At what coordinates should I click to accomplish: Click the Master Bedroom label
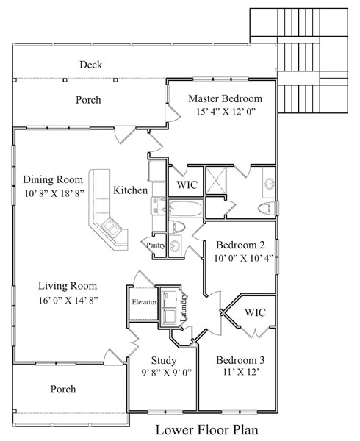click(225, 98)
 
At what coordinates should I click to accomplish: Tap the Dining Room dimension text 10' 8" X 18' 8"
click(54, 193)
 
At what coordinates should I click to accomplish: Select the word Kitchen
click(130, 190)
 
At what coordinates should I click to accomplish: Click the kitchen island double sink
click(111, 228)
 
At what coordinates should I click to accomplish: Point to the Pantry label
click(156, 245)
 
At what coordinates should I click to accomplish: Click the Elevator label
click(144, 302)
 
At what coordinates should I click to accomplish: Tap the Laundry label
click(183, 308)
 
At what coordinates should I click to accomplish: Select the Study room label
click(164, 360)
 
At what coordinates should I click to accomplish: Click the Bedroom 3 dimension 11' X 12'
click(241, 372)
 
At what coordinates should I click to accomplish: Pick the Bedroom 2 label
click(240, 245)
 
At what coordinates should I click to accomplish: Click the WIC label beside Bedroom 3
click(255, 312)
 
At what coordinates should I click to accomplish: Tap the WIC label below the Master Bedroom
click(187, 184)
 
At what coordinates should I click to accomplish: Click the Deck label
click(91, 65)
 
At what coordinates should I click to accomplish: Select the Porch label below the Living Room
click(63, 390)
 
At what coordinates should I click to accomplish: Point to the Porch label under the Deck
click(88, 100)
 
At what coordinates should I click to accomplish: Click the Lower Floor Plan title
click(207, 430)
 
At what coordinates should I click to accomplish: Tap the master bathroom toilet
click(267, 209)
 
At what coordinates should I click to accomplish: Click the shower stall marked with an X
click(216, 180)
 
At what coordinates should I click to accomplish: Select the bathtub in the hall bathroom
click(186, 208)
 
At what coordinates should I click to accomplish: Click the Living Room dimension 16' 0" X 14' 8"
click(68, 301)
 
